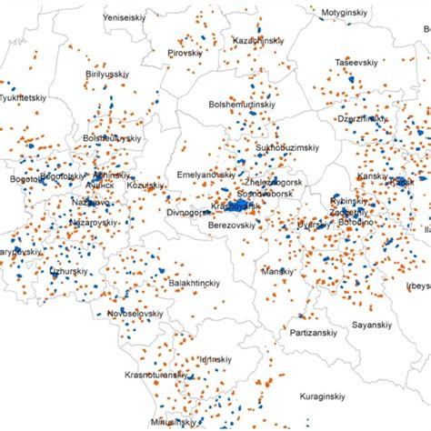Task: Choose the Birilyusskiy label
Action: [114, 74]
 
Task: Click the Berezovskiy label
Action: [235, 224]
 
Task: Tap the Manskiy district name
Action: [277, 271]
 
